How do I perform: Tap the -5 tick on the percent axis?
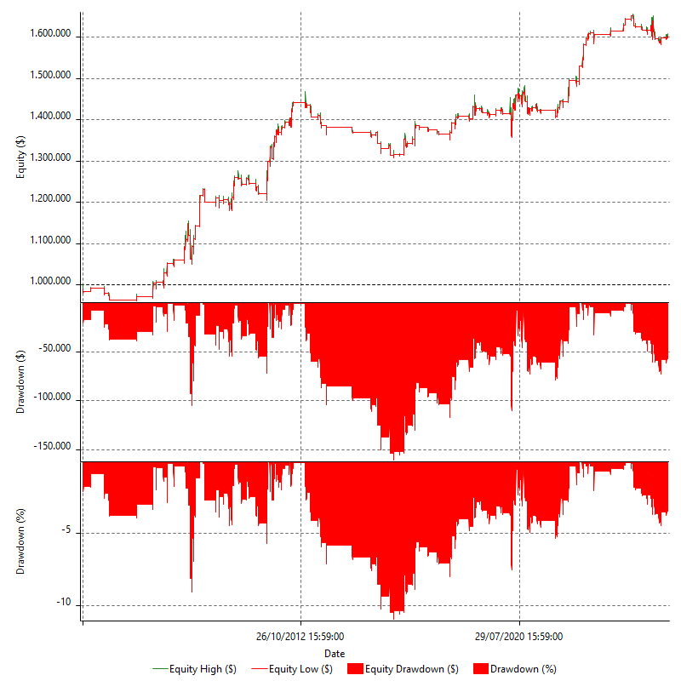[69, 533]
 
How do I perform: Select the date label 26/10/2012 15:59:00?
[300, 636]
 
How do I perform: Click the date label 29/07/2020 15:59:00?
[519, 636]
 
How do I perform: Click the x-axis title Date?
[335, 653]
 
